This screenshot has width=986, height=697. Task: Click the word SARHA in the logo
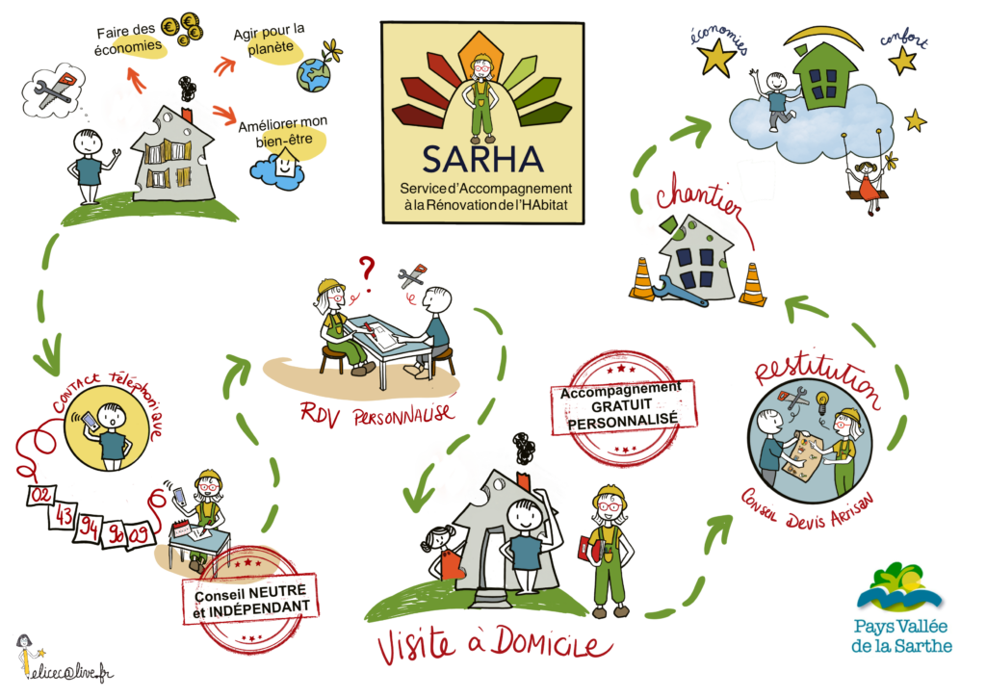pos(482,159)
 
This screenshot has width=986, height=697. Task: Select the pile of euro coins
pos(182,29)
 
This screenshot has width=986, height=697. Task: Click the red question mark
pos(367,272)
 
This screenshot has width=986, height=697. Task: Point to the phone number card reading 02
pos(40,495)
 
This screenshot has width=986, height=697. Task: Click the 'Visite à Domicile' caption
pos(494,644)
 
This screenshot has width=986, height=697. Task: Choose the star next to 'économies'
pos(717,58)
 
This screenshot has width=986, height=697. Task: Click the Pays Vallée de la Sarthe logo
pos(901,608)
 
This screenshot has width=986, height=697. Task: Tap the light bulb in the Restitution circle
pos(822,402)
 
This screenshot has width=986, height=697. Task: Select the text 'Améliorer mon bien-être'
pos(282,132)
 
